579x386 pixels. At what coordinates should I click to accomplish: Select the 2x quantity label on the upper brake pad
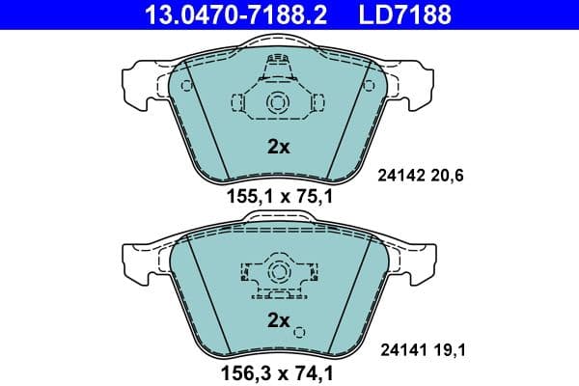[278, 148]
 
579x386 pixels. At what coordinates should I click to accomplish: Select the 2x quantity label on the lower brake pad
[278, 319]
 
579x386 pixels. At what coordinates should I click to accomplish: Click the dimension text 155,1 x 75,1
[278, 200]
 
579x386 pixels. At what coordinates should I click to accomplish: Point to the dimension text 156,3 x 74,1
[278, 371]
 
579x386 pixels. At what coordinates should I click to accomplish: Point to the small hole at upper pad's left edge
[187, 87]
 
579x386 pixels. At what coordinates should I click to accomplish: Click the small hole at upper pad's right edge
[368, 87]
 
